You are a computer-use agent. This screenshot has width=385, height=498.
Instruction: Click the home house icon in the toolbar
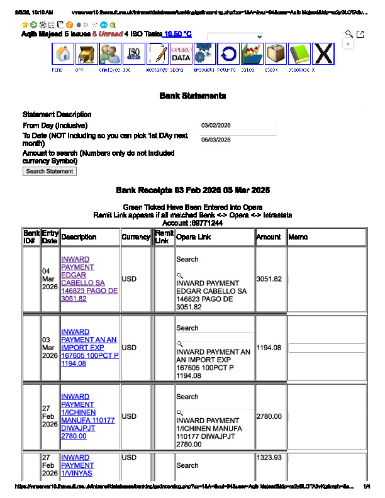(63, 55)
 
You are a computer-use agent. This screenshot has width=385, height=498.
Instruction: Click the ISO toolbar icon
(134, 55)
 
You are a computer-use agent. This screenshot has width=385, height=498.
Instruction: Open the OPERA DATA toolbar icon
(181, 55)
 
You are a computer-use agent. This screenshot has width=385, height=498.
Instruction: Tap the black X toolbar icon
(323, 55)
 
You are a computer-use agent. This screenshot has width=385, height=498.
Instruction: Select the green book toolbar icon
(300, 55)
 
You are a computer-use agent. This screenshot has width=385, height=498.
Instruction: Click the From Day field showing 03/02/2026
(238, 126)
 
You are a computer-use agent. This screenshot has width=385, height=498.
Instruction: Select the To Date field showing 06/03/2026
(238, 140)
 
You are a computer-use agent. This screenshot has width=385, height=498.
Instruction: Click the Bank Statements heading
(192, 96)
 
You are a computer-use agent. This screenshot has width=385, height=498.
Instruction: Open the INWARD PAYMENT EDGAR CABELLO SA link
(88, 279)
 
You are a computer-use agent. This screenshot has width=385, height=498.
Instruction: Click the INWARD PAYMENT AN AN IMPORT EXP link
(88, 348)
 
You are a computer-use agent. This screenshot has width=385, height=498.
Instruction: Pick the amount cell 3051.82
(269, 279)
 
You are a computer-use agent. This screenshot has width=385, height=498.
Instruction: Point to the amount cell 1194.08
(269, 348)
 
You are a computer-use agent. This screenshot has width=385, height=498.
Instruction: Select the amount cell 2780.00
(269, 416)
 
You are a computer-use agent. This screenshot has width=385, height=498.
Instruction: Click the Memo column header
(298, 237)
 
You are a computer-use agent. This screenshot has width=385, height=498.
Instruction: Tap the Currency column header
(137, 237)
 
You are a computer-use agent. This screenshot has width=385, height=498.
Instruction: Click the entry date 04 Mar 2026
(50, 279)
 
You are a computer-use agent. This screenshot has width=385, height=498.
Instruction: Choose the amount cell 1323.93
(269, 458)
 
